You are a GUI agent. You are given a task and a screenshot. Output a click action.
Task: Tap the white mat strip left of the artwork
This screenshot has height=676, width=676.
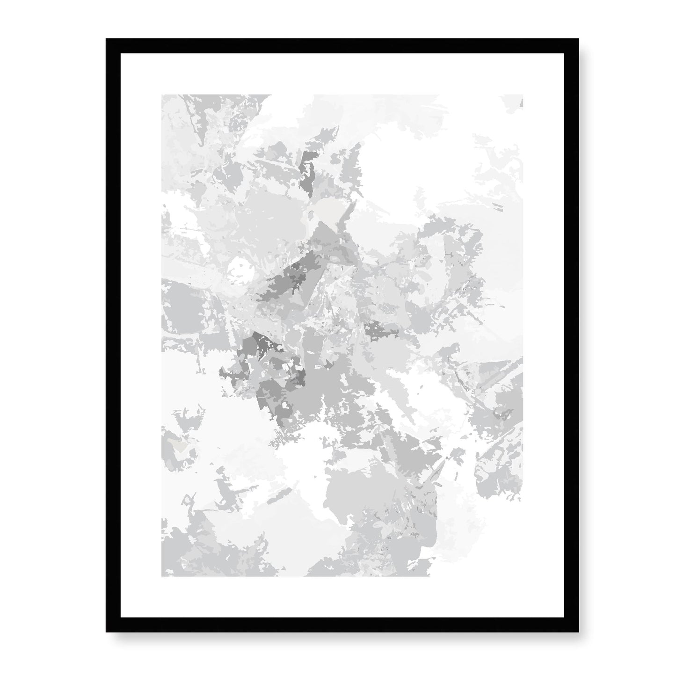(x=140, y=334)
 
